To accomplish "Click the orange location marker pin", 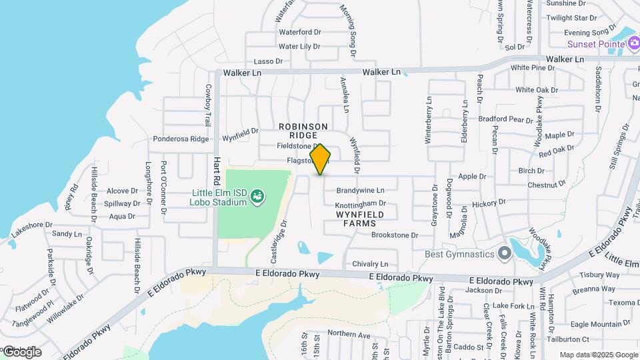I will pyautogui.click(x=321, y=159).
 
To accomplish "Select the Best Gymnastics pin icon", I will pyautogui.click(x=504, y=253).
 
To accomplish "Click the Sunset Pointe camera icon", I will pyautogui.click(x=634, y=44).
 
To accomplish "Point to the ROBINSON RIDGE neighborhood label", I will pyautogui.click(x=303, y=131).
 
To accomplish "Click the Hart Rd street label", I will pyautogui.click(x=217, y=172).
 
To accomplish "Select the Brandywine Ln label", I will pyautogui.click(x=361, y=190).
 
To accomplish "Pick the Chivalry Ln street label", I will pyautogui.click(x=370, y=264).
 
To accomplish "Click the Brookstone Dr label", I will pyautogui.click(x=395, y=235).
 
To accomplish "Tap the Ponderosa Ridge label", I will pyautogui.click(x=181, y=139).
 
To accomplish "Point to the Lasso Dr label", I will pyautogui.click(x=269, y=61).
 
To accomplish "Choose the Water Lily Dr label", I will pyautogui.click(x=299, y=47).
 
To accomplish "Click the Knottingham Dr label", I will pyautogui.click(x=360, y=203).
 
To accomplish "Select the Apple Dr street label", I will pyautogui.click(x=472, y=177).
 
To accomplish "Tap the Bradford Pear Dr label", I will pyautogui.click(x=511, y=119).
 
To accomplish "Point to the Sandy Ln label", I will pyautogui.click(x=67, y=234).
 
